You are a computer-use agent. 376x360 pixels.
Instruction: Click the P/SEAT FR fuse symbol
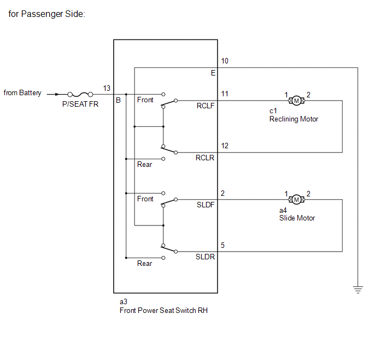point(80,94)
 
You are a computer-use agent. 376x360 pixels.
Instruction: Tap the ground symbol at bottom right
point(358,289)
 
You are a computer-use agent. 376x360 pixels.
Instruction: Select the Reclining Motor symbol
point(296,101)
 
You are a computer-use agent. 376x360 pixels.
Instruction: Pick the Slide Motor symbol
point(296,200)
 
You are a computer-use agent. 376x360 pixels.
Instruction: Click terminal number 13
point(107,88)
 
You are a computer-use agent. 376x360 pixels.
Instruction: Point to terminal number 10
point(225,61)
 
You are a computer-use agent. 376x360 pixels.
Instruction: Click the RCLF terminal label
point(205,106)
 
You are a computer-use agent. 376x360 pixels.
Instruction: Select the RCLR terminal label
point(205,158)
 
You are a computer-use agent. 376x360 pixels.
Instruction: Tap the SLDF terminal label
point(205,205)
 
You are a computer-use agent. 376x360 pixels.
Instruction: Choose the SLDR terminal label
point(205,257)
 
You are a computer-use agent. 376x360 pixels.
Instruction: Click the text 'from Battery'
point(22,93)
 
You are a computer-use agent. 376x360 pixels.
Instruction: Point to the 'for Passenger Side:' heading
point(47,14)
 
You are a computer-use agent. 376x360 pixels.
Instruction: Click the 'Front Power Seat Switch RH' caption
point(163,310)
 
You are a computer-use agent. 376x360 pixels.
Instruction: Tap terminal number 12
point(225,146)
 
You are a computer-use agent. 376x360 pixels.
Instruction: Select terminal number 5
point(222,245)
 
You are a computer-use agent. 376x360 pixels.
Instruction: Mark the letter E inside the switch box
point(213,73)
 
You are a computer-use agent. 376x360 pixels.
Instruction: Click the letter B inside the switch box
point(118,100)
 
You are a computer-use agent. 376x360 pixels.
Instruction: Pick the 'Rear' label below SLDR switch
point(145,264)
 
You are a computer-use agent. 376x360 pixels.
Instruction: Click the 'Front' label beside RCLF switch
point(145,100)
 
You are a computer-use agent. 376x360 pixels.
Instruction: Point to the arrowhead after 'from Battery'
point(57,94)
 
